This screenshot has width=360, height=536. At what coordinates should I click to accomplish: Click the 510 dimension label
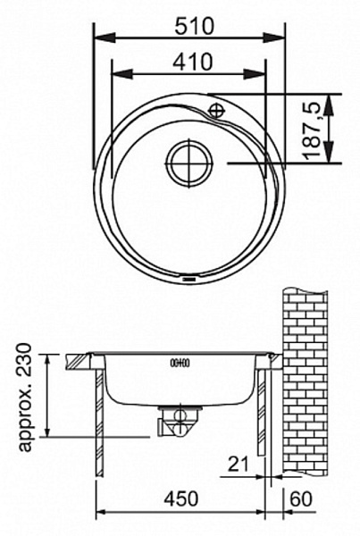tap(194, 26)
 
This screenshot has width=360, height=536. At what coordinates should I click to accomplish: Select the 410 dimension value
tap(192, 62)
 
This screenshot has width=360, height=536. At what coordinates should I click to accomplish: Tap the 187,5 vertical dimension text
tap(313, 130)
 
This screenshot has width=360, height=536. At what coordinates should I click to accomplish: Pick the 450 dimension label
tap(180, 498)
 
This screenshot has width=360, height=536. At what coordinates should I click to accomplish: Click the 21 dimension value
tap(239, 464)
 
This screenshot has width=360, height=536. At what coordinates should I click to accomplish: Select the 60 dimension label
tap(301, 498)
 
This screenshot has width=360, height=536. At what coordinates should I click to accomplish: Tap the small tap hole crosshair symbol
tap(216, 110)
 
